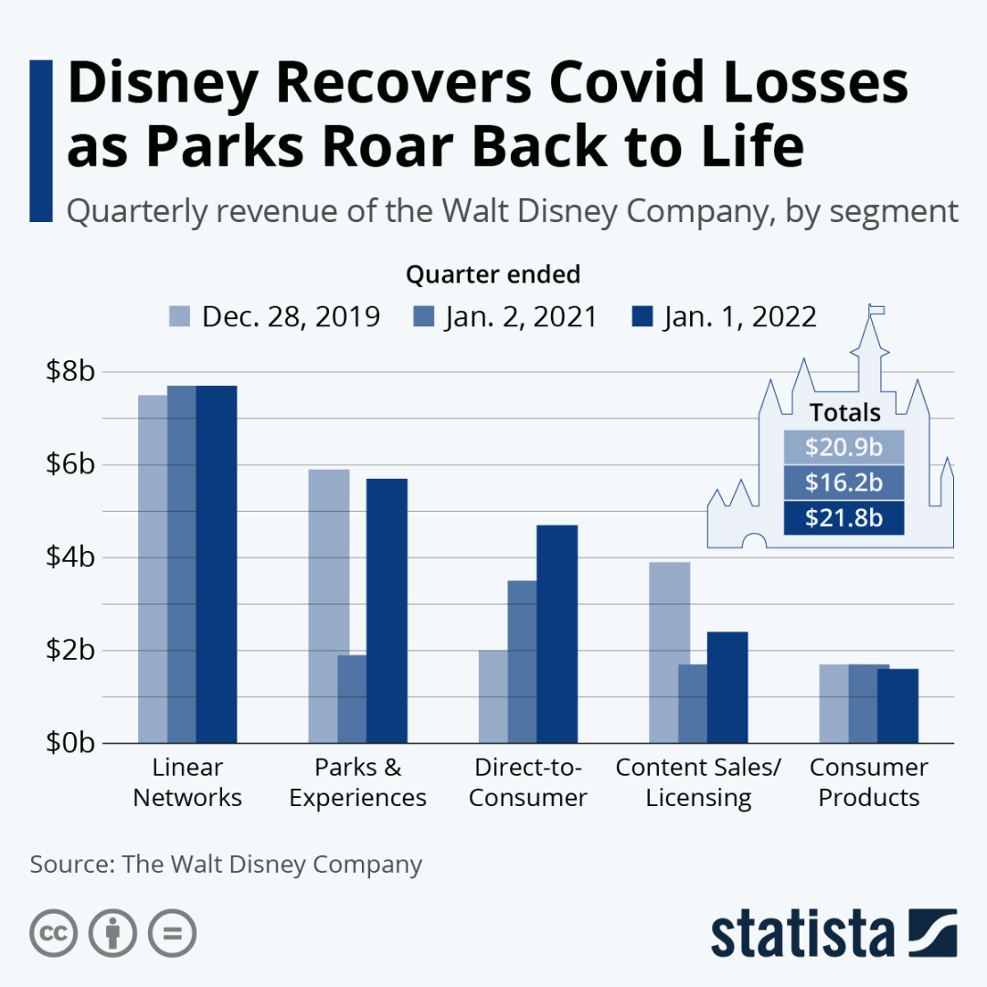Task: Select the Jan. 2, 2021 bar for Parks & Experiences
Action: pos(352,698)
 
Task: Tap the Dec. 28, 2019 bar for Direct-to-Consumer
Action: pos(493,696)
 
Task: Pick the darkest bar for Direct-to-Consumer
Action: pos(557,633)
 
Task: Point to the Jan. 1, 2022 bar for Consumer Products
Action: pos(897,706)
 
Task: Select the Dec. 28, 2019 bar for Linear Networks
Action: pos(152,568)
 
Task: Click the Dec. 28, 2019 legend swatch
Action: pos(180,317)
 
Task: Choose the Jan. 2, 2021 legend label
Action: pos(521,317)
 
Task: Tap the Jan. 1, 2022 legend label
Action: pos(739,317)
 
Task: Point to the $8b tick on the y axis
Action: pos(70,373)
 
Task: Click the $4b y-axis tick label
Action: pos(70,557)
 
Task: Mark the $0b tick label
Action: pos(70,742)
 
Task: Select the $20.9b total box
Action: pos(844,447)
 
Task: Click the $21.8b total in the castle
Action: pos(844,518)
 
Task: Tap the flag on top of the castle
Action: pos(877,309)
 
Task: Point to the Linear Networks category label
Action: pos(187,782)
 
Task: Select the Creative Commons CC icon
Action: pos(54,933)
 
